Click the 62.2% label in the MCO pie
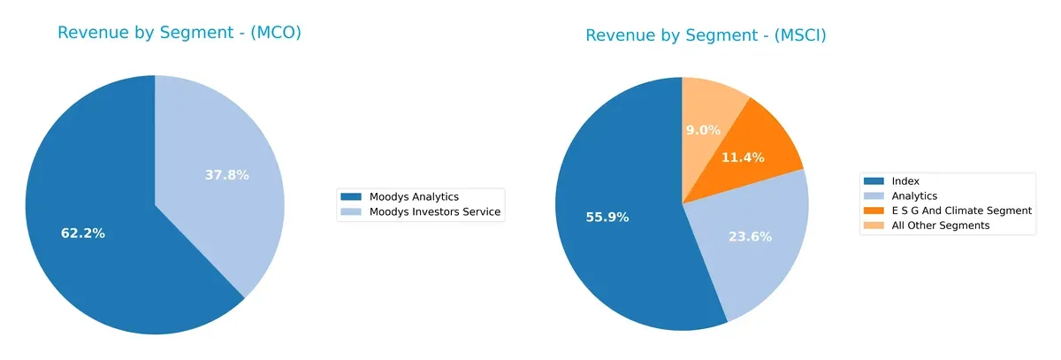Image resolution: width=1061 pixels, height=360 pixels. [x=83, y=234]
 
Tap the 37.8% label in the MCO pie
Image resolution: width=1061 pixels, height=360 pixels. [x=226, y=175]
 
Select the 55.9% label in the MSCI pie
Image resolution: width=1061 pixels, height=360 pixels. [x=607, y=217]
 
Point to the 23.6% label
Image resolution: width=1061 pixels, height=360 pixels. [x=750, y=236]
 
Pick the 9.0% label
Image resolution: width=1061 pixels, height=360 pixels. [x=702, y=130]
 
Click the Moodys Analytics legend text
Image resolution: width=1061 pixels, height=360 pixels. [x=414, y=196]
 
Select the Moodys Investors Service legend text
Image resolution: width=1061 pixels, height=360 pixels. [x=434, y=211]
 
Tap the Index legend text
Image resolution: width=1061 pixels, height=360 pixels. [x=906, y=180]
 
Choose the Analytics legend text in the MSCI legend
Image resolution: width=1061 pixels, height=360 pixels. [x=914, y=195]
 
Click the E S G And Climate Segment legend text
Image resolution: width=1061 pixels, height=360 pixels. [x=961, y=211]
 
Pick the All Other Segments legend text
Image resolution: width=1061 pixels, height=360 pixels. [x=941, y=226]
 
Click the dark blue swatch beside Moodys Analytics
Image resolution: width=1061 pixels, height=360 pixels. [x=351, y=196]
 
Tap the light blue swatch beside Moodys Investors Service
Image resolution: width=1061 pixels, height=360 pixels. [x=351, y=211]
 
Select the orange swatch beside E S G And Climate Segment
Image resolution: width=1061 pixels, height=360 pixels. [x=874, y=211]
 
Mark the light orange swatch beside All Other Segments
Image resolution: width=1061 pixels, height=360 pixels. [x=874, y=226]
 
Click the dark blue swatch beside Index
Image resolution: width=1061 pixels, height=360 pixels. [x=874, y=180]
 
